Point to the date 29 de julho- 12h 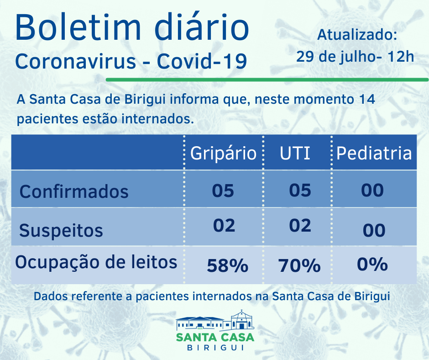coord(355,57)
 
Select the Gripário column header coord(223,153)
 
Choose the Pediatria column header coord(374,153)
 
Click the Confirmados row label coord(74,191)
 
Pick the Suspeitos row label coord(61,230)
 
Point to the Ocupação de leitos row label coord(96,262)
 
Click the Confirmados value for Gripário coord(223,191)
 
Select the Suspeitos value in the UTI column coord(300,226)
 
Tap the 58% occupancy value coord(227,265)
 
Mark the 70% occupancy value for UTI coord(299,265)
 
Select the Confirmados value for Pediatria coord(372,190)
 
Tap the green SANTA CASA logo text coord(215,337)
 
